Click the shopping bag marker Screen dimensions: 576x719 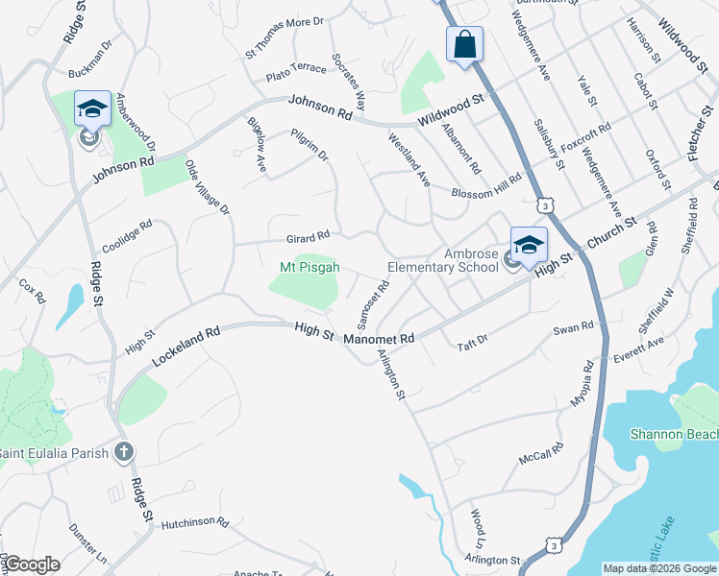(464, 44)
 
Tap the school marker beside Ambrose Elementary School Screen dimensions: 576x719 (528, 247)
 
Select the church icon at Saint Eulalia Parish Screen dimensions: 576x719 (123, 451)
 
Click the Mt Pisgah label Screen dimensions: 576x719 (310, 268)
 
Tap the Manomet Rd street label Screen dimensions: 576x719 (382, 338)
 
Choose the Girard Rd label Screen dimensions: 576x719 (308, 234)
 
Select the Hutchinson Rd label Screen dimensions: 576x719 (195, 523)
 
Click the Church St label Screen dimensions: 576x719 (612, 234)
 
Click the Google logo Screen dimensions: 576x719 (32, 564)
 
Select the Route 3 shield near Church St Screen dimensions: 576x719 (546, 205)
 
